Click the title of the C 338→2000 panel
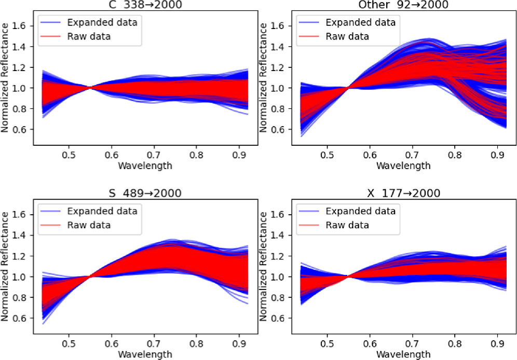point(145,5)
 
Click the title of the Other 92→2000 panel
point(404,5)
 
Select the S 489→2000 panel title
point(145,193)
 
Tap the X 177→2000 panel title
point(404,193)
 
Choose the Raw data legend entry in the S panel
point(89,225)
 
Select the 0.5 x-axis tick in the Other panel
point(327,155)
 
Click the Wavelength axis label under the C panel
point(145,165)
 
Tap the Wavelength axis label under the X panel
point(404,354)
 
